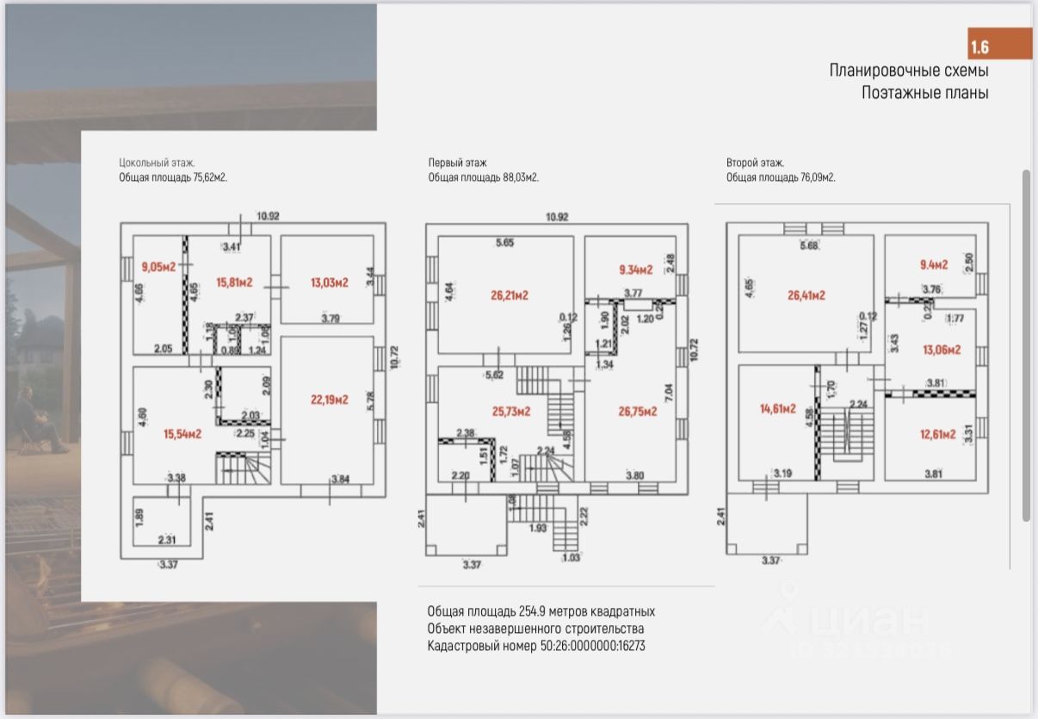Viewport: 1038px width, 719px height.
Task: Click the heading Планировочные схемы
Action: (908, 71)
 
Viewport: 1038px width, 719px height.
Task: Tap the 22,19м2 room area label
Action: (330, 400)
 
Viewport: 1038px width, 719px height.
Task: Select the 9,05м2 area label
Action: (158, 267)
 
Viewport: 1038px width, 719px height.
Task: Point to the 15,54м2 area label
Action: (182, 434)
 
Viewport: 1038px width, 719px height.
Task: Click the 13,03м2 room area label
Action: (329, 282)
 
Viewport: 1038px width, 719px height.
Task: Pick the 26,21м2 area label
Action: (510, 295)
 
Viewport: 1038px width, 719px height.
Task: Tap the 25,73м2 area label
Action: (510, 412)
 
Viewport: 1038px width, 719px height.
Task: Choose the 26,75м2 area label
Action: (638, 412)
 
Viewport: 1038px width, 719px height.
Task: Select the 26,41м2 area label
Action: (806, 295)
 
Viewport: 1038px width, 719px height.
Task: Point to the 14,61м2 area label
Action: (777, 409)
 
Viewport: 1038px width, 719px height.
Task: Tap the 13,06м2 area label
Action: (942, 350)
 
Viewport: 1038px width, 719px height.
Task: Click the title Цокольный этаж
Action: (157, 162)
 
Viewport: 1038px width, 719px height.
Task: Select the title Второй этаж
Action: (754, 162)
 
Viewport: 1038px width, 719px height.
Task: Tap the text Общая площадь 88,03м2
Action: (483, 178)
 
